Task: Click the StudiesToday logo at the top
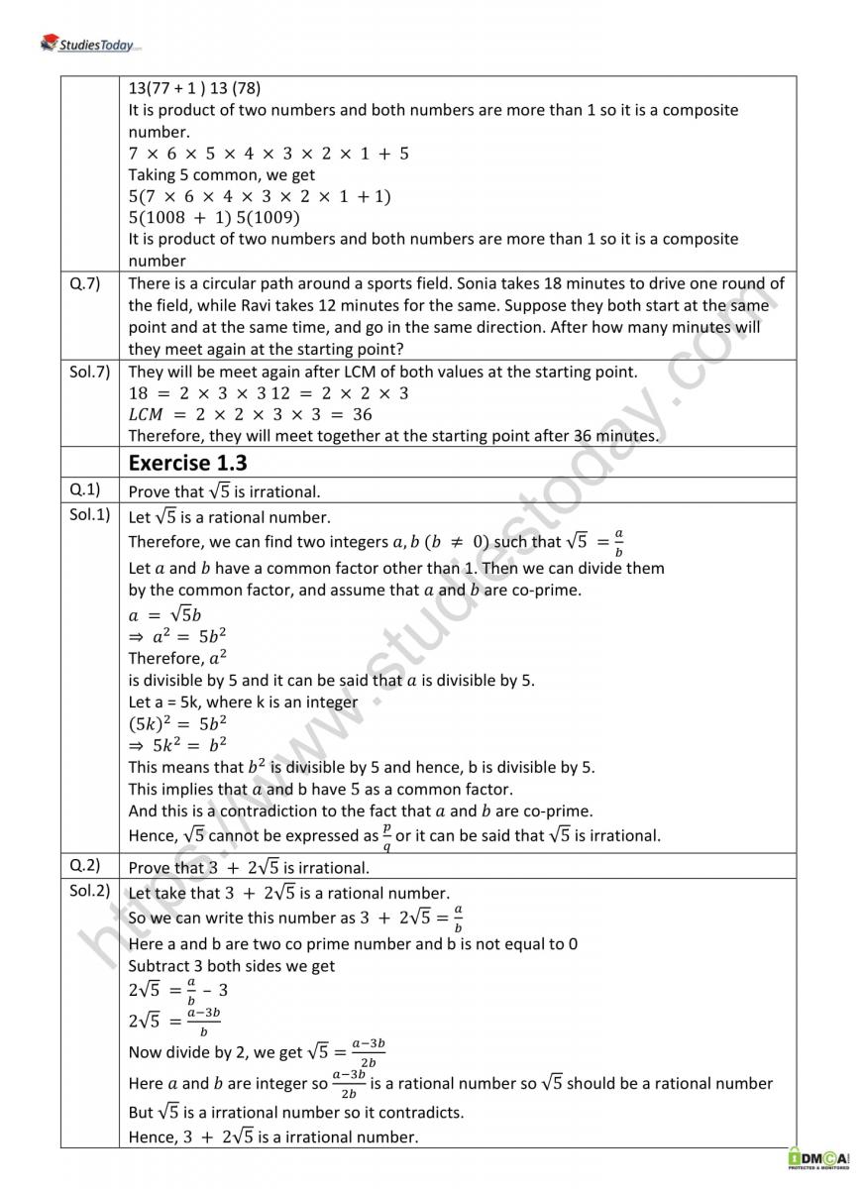click(x=91, y=43)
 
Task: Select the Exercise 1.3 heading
click(x=188, y=463)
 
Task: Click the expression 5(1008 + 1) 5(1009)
click(x=214, y=218)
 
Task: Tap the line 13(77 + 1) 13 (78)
click(x=194, y=87)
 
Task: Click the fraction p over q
click(x=386, y=836)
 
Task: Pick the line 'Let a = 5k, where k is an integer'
click(x=243, y=702)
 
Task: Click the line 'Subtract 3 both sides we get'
click(x=232, y=966)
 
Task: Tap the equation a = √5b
click(x=165, y=614)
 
